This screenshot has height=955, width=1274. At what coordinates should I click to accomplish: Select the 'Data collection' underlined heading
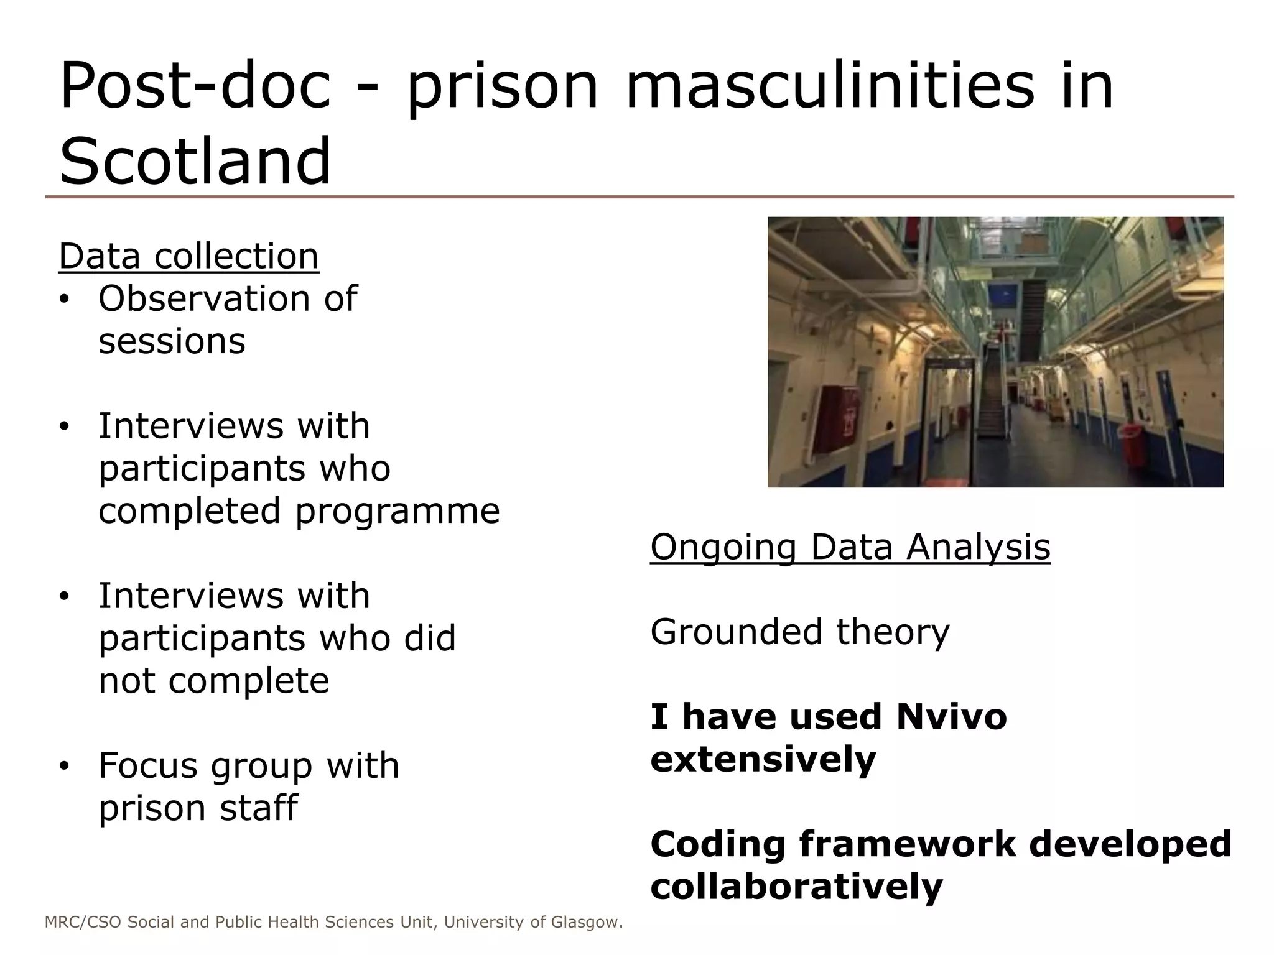point(188,256)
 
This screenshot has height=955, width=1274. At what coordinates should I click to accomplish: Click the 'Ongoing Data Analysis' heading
point(850,547)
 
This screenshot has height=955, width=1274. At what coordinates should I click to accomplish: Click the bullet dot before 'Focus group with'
point(64,766)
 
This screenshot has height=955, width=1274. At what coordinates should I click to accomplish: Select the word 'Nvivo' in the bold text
point(951,716)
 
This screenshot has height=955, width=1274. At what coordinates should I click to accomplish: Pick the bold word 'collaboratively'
point(796,886)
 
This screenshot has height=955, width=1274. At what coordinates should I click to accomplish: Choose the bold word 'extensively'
point(763,759)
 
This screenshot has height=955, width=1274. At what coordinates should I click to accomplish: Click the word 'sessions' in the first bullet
point(172,341)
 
